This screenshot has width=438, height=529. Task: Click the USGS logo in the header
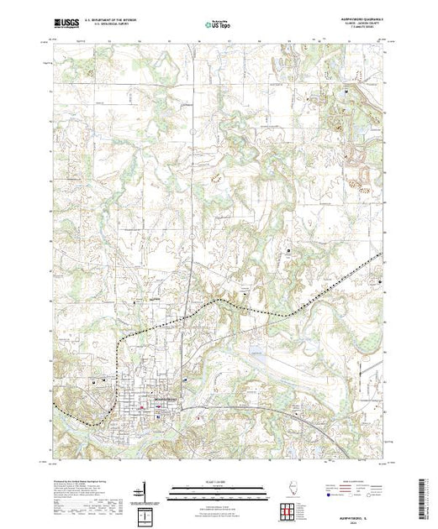[x=66, y=26]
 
